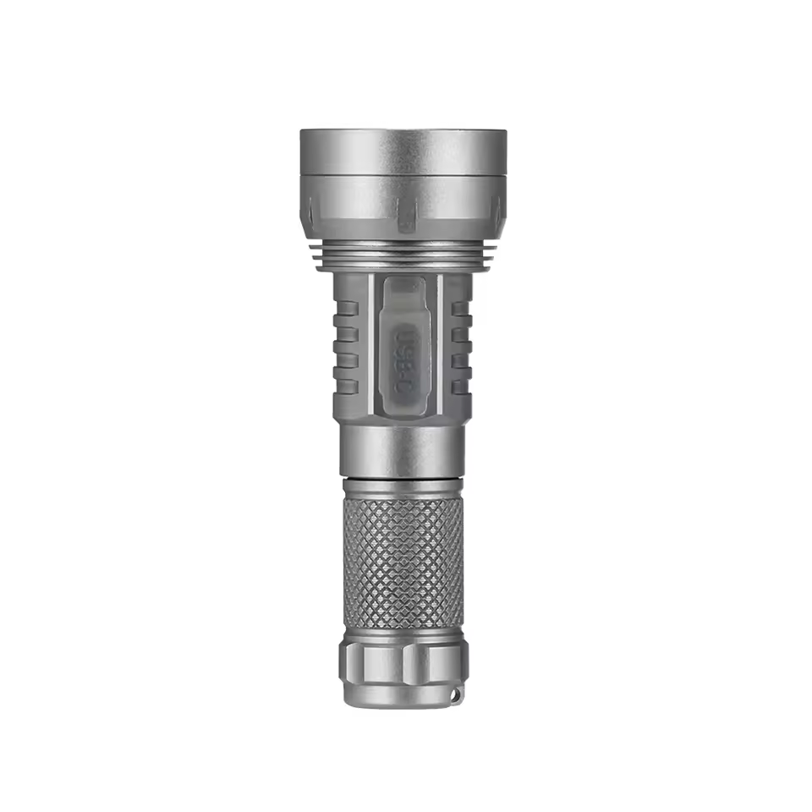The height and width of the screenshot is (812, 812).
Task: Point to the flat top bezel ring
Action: pos(403,151)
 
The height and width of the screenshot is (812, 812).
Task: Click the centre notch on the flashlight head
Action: pos(408,212)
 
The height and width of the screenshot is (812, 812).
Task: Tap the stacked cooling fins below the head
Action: pos(403,255)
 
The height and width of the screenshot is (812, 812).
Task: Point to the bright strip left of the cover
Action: pos(370,347)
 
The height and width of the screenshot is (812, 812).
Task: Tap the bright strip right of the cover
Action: pos(438,347)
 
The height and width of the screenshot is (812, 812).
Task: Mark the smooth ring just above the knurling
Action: pos(403,487)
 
